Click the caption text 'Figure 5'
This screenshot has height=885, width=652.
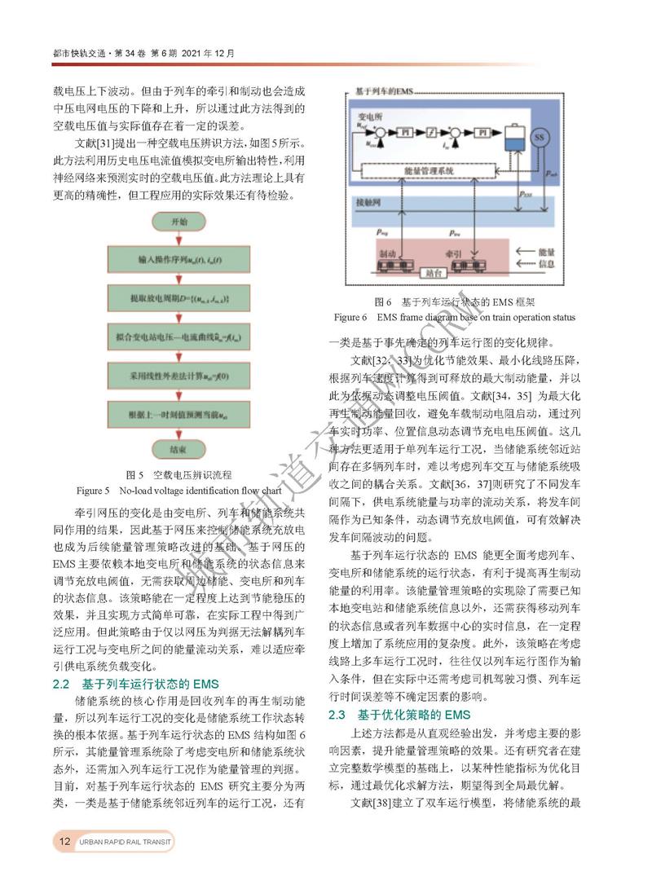(93, 491)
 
